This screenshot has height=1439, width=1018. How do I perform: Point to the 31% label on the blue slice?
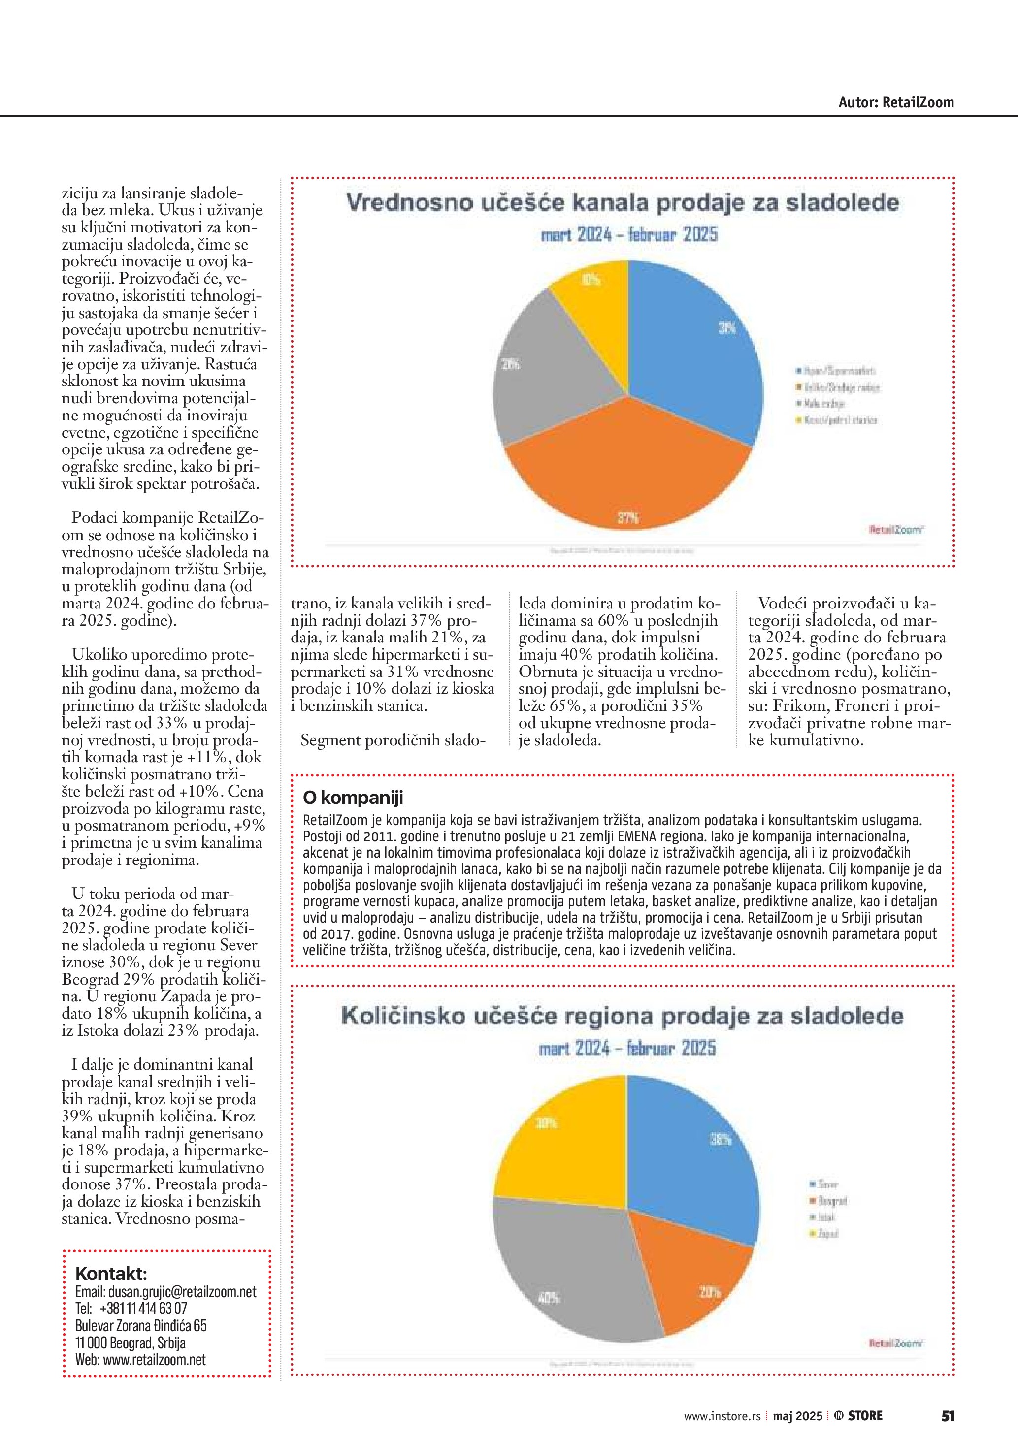pyautogui.click(x=726, y=328)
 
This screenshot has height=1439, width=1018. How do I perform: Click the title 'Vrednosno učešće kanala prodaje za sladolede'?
pyautogui.click(x=623, y=203)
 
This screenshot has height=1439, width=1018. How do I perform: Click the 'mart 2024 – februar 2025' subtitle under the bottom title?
pyautogui.click(x=627, y=1049)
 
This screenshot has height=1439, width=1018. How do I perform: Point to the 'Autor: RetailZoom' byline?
pyautogui.click(x=896, y=103)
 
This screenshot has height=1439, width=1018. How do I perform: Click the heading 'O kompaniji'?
pyautogui.click(x=353, y=798)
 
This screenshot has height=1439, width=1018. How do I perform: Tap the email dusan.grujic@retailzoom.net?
pyautogui.click(x=182, y=1292)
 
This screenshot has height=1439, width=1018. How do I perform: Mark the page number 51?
pyautogui.click(x=947, y=1416)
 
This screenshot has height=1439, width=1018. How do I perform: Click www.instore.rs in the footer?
pyautogui.click(x=722, y=1416)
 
